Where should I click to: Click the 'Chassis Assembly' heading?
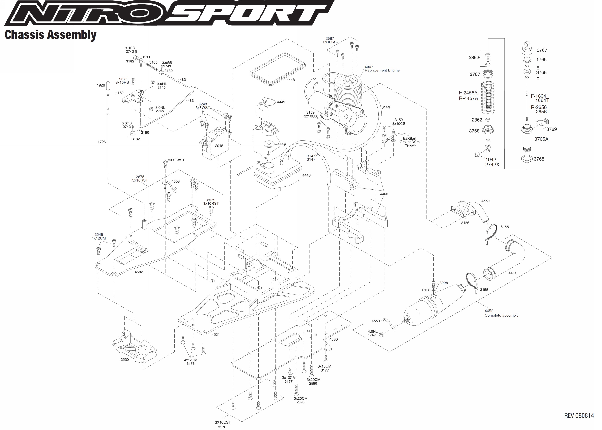(x=50, y=35)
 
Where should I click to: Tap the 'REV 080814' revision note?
(x=579, y=415)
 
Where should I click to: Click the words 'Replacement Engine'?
(x=382, y=71)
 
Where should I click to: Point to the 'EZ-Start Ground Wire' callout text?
(x=410, y=142)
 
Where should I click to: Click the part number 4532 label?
(x=139, y=272)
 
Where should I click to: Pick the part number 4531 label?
(x=216, y=334)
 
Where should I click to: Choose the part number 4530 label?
(x=333, y=339)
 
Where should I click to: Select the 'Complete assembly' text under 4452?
(x=501, y=315)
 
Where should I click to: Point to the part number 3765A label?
(x=541, y=139)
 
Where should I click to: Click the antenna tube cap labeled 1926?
(x=108, y=86)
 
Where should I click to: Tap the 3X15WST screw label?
(x=176, y=160)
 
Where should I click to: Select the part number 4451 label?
(x=512, y=273)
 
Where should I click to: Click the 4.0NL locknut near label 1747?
(x=381, y=334)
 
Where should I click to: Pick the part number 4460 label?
(x=384, y=194)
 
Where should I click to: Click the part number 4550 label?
(x=485, y=201)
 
